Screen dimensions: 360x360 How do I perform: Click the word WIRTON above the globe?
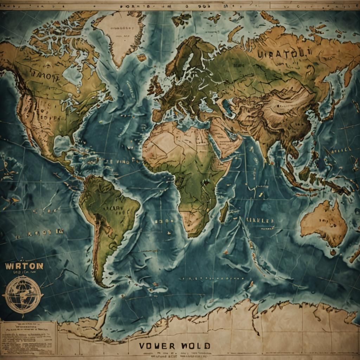pyautogui.click(x=24, y=266)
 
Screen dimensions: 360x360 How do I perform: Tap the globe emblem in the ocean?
pyautogui.click(x=23, y=294)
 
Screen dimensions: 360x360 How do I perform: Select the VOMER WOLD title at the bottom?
pyautogui.click(x=174, y=346)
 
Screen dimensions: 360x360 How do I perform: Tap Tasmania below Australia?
pyautogui.click(x=333, y=252)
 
